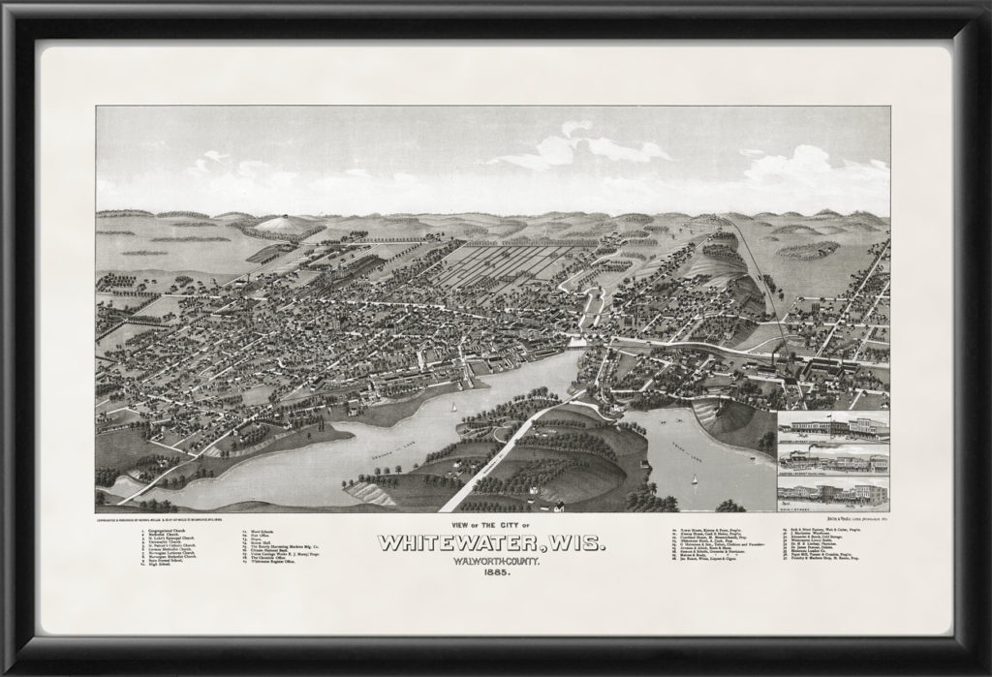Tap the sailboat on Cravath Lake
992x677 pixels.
455,407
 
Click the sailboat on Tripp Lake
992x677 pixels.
694,480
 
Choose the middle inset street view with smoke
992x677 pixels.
832,459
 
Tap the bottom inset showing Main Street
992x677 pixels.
832,493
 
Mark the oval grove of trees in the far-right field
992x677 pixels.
807,250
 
